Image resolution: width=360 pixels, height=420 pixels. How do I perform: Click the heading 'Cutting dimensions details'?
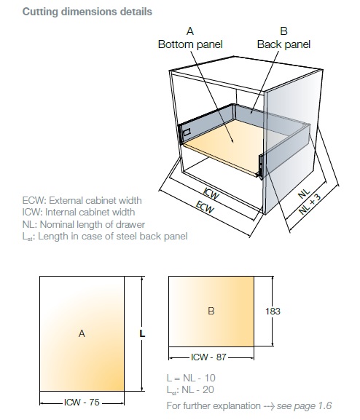coord(87,12)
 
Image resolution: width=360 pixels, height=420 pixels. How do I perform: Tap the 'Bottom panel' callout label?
coord(190,44)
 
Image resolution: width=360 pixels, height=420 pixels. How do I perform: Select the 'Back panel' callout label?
coord(283,44)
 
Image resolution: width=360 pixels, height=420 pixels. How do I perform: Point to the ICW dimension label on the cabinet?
coord(211,194)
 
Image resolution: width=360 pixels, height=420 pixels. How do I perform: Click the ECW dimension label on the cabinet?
coord(206,207)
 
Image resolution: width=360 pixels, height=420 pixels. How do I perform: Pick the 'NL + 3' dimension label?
coord(310,204)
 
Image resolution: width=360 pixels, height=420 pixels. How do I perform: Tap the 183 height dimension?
coord(273,312)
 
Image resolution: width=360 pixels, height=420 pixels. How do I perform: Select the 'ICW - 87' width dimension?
coord(208,357)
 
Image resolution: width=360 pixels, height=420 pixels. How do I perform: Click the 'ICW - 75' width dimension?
coord(82,402)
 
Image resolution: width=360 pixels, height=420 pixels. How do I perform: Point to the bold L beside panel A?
coord(142,333)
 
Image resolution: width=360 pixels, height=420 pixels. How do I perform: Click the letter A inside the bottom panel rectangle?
coord(82,333)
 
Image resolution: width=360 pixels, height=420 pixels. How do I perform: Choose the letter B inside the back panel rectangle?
coord(211,311)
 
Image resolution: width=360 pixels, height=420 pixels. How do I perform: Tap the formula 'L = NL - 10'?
coord(191,378)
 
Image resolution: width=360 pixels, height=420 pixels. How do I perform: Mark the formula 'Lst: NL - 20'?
coord(190,389)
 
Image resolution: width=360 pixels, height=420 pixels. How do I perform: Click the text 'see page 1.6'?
coord(304,405)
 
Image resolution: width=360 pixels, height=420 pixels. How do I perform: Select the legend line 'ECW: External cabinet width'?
coord(82,200)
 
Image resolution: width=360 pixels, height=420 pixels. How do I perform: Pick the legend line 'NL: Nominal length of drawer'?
coord(83,224)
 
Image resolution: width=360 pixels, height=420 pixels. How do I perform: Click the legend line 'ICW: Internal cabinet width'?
coord(79,212)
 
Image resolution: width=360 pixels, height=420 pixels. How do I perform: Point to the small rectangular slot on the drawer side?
coord(187,132)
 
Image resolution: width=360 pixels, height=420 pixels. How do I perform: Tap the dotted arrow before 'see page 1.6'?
coord(269,406)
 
